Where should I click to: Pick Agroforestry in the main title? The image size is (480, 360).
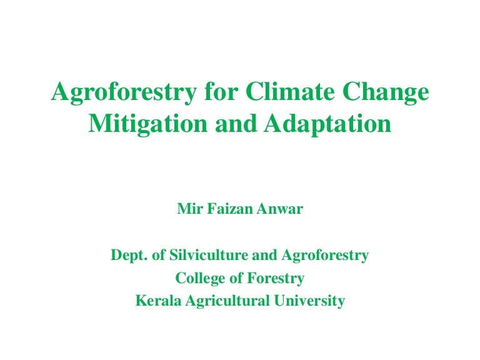[x=123, y=92]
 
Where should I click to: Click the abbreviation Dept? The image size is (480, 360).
[x=126, y=255]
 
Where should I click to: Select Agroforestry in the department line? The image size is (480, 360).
[x=326, y=255]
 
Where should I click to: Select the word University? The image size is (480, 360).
[x=310, y=301]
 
